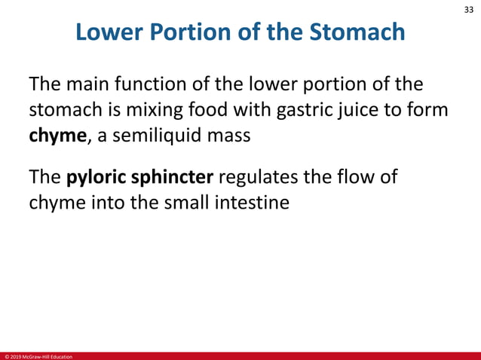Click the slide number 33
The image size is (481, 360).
pyautogui.click(x=467, y=11)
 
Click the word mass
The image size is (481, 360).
pyautogui.click(x=229, y=136)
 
